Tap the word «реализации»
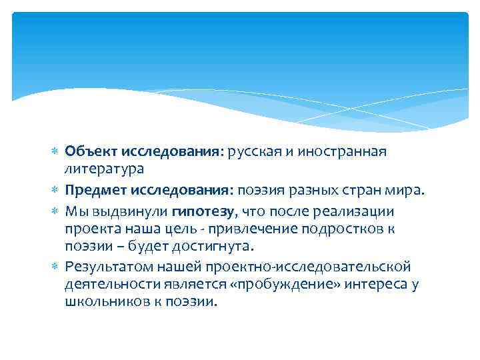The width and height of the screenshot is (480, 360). (x=357, y=212)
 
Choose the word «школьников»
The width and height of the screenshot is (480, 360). (x=106, y=302)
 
